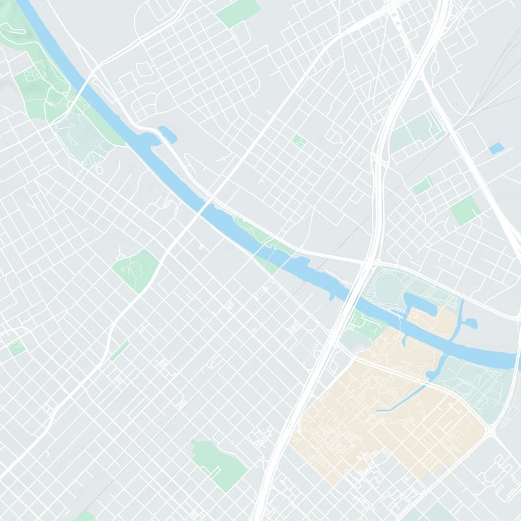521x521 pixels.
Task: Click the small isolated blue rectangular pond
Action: tap(496, 148)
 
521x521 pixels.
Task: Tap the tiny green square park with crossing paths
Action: tap(299, 141)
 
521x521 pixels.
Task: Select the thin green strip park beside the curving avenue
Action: tap(119, 350)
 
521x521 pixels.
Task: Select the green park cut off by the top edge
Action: tap(237, 12)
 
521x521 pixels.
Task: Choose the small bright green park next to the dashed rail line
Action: tap(422, 185)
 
